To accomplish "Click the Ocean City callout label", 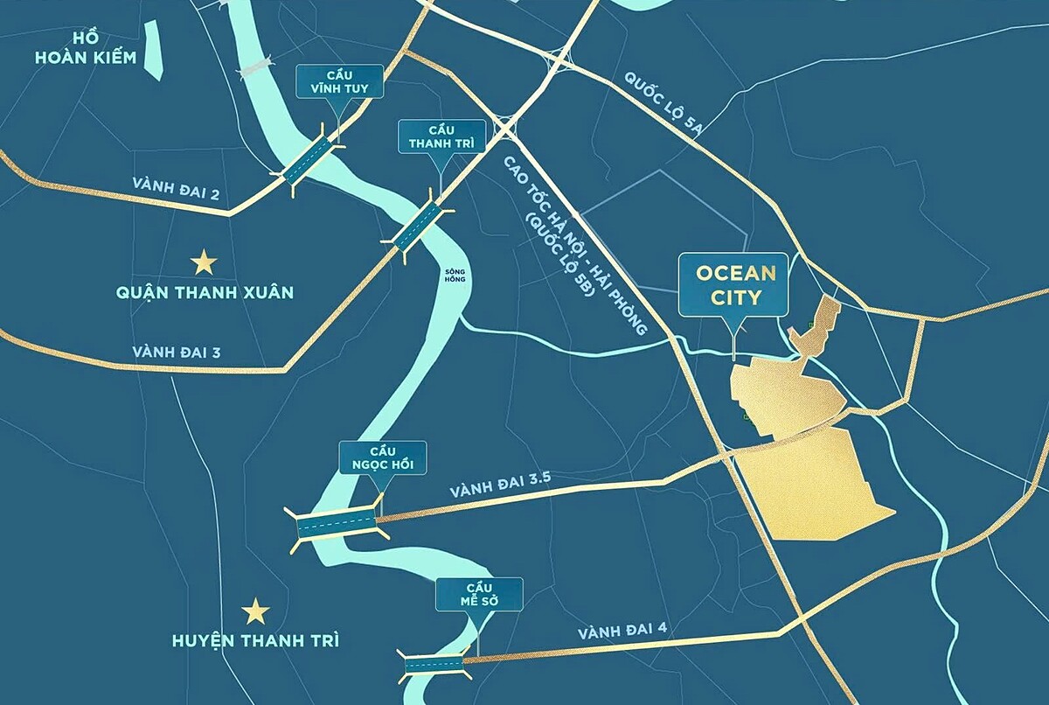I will pos(735,284).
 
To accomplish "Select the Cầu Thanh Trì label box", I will pos(441,136).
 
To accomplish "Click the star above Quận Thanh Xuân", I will pos(204,262).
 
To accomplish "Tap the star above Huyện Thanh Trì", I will pos(256,611).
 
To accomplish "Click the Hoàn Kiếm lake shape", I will pos(155,48).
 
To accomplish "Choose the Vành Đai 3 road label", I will pos(177,352).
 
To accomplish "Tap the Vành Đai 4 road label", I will pos(615,628).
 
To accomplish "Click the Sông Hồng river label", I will pos(455,277).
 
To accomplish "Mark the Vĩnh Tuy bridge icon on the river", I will pos(310,158).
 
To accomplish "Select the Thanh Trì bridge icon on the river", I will pos(418,226).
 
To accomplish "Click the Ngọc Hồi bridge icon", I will pos(337,524).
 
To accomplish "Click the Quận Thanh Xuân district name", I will pos(204,292).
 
